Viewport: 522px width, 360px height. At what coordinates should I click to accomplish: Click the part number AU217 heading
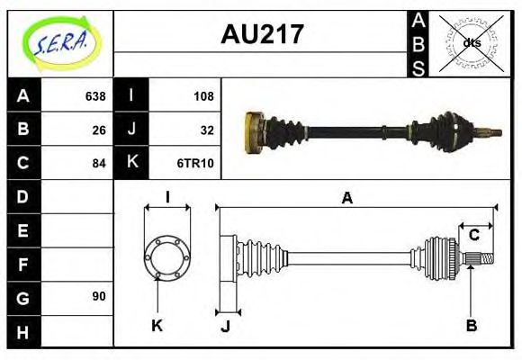tap(262, 34)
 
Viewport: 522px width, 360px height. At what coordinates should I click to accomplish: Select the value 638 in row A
tap(95, 96)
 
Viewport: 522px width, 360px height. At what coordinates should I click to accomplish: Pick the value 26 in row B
tap(99, 130)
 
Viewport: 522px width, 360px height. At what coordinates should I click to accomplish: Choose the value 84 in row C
tap(99, 163)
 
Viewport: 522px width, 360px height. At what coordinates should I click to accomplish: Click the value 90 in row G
tap(99, 296)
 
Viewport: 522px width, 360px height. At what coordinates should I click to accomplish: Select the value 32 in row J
tap(206, 130)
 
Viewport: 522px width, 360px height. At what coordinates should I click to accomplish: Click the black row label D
tap(23, 196)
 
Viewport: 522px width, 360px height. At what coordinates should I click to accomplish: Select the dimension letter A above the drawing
tap(346, 199)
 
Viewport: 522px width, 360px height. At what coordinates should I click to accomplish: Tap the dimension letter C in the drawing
tap(473, 236)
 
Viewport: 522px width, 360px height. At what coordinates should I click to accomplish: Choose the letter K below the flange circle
tap(157, 325)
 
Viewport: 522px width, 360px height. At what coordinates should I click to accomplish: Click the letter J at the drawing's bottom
tap(225, 326)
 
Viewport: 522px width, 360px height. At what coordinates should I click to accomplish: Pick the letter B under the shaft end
tap(471, 325)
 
